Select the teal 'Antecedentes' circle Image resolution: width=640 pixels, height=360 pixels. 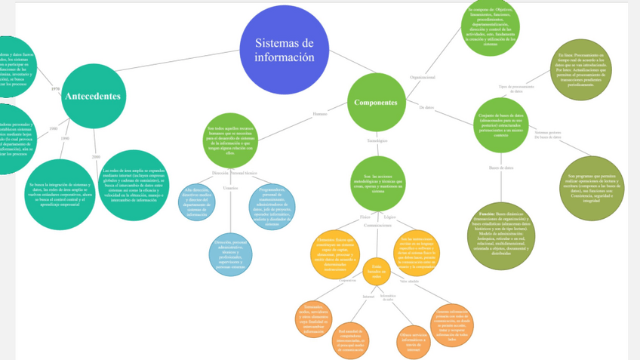tap(93, 96)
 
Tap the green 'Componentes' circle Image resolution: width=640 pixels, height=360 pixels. tap(376, 102)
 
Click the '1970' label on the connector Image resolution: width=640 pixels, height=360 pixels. tap(55, 89)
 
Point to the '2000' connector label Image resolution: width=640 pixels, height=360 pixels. tap(96, 156)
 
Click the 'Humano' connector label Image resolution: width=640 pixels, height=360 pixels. tap(320, 114)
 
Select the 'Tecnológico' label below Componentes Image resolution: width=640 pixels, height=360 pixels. tap(377, 140)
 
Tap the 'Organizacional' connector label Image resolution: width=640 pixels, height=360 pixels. tap(422, 77)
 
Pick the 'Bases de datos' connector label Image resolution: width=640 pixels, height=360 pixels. tap(501, 167)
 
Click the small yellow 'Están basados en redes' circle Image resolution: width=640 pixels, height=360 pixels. tap(376, 271)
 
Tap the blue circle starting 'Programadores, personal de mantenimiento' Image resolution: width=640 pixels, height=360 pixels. tap(272, 206)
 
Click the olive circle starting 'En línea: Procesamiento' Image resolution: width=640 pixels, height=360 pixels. tap(580, 69)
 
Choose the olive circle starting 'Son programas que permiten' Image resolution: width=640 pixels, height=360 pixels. tap(592, 189)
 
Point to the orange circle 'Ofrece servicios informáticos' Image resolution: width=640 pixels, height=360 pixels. tap(413, 340)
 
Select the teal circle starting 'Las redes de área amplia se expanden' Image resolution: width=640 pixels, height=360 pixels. tap(134, 185)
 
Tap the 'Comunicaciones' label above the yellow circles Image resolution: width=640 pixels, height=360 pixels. tap(377, 225)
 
